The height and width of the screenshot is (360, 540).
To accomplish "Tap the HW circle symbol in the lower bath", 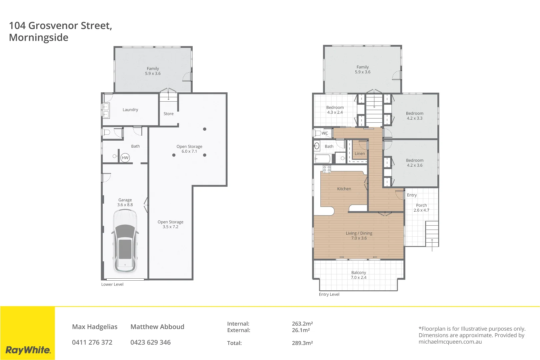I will point(125,158).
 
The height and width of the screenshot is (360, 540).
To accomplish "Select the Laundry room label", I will point(130,110).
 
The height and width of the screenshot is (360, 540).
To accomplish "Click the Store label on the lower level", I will point(169,114).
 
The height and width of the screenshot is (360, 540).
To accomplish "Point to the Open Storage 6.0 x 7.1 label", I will point(189,149).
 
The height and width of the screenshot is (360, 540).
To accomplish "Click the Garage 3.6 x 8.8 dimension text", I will point(125,205).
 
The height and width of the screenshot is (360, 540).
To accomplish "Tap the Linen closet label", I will point(360,154).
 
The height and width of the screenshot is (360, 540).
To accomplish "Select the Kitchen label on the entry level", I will point(344,189).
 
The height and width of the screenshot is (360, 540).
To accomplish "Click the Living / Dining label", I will point(359,233).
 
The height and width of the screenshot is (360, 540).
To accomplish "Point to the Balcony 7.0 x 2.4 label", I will point(359,275).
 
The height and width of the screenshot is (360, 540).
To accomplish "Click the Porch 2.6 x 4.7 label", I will point(421,208).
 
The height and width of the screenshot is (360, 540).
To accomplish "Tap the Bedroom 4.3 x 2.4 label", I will point(335,110).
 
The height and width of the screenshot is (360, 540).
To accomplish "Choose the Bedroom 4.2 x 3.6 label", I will point(415,163).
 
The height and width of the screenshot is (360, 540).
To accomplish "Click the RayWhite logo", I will point(28,350).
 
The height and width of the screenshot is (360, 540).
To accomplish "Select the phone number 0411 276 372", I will point(92,342).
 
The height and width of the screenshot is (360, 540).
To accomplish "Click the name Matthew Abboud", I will point(157,327).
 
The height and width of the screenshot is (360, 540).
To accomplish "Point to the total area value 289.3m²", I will point(302,343).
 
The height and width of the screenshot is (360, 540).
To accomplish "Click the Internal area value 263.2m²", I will point(302,324).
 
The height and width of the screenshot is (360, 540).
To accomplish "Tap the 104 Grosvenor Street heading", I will point(60,26).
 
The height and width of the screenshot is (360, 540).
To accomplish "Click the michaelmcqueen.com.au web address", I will point(450,342).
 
